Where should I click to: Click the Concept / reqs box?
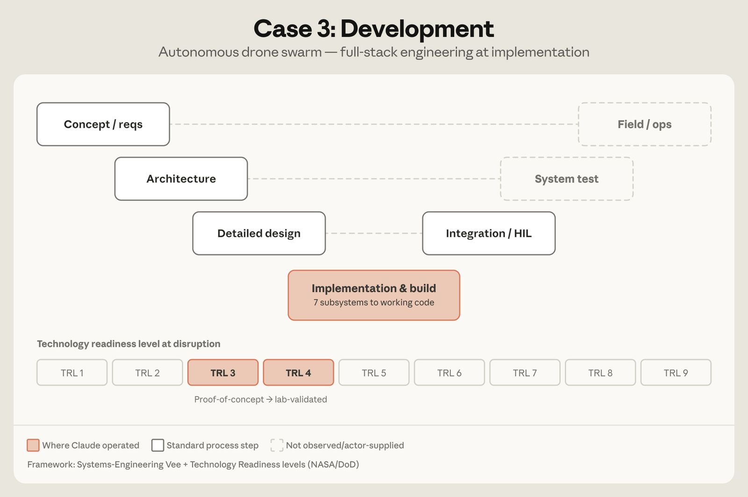point(103,124)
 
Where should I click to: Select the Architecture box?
point(181,179)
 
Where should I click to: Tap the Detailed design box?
point(259,233)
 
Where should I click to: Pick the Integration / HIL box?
point(489,233)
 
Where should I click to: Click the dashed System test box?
point(567,179)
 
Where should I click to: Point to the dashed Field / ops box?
point(645,124)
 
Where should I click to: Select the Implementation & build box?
point(374,295)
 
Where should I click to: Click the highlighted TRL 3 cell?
point(223,373)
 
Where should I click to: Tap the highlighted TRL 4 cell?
point(299,373)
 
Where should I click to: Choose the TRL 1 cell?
point(72,373)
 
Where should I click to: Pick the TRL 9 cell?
point(676,373)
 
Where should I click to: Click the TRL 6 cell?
point(449,373)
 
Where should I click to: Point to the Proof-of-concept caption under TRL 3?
point(229,399)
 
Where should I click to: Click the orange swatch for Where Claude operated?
point(33,445)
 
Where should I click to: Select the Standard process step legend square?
point(158,445)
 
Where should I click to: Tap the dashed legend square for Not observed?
point(277,445)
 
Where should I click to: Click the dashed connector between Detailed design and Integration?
point(374,233)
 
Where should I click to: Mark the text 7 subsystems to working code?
point(374,303)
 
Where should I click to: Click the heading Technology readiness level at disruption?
point(129,344)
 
